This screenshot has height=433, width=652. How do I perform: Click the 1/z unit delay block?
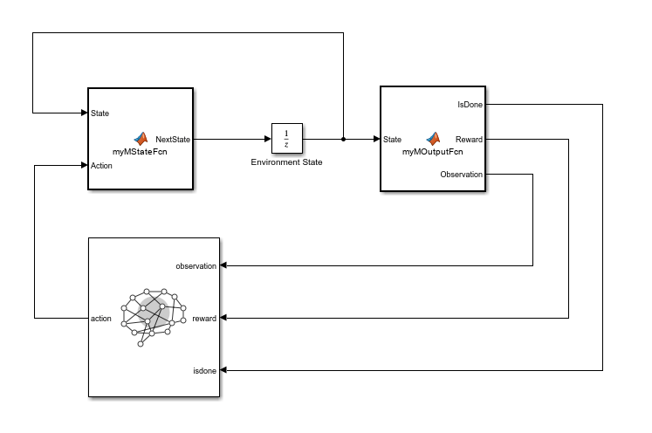(x=287, y=139)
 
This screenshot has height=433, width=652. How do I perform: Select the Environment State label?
(x=286, y=162)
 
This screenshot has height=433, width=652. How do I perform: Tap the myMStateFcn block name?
(x=140, y=152)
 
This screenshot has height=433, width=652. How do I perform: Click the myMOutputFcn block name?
(x=432, y=152)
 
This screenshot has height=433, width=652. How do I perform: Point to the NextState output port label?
(x=173, y=140)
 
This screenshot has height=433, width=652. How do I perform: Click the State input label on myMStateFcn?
(x=100, y=113)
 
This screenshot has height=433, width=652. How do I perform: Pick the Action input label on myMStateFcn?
(x=101, y=166)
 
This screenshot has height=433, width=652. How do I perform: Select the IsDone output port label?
(x=470, y=105)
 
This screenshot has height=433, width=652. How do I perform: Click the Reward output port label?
(x=469, y=140)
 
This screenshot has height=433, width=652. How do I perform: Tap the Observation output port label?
(x=462, y=175)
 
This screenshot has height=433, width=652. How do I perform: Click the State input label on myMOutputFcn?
(x=392, y=140)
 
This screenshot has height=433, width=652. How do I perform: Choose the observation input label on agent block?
(x=196, y=266)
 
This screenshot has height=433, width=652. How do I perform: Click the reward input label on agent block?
(x=204, y=319)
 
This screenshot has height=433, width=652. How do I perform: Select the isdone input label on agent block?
(x=204, y=371)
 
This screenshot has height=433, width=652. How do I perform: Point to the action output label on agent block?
(x=101, y=319)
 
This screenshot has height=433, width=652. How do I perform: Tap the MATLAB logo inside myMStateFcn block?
(x=141, y=139)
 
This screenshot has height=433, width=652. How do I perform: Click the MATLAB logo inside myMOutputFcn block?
(x=433, y=139)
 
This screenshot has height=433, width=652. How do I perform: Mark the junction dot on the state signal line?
(x=344, y=139)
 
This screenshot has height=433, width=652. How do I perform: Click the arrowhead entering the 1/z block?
(x=268, y=139)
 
